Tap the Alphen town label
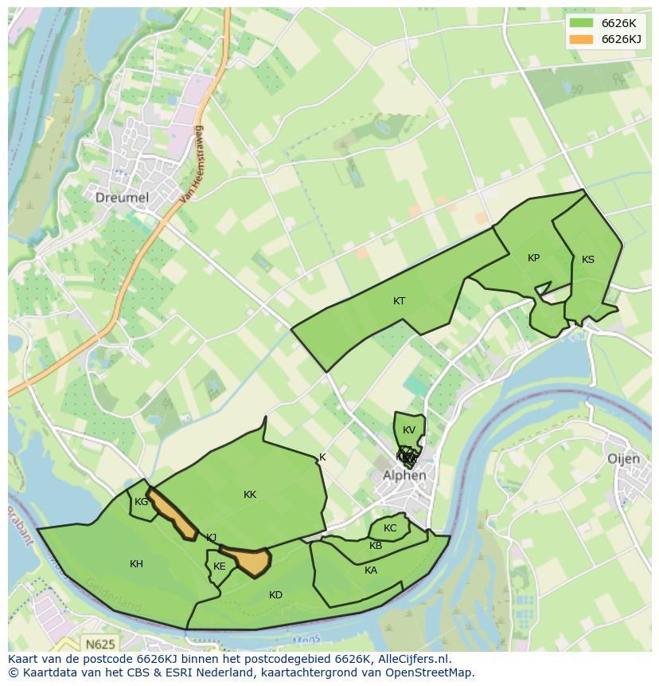coord(404,476)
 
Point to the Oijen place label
coord(623,459)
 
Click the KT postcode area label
coord(399,301)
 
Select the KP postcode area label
coord(533,258)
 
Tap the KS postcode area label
coord(587,260)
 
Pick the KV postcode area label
coord(409,430)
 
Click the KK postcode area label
coord(250,495)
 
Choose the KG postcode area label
coord(141,502)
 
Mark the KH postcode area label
coord(136,564)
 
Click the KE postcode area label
coord(219,566)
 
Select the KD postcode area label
coord(275,595)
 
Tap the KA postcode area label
coord(371,570)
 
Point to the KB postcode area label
coord(376,546)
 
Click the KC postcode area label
coord(390,528)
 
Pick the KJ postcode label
coord(211,538)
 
